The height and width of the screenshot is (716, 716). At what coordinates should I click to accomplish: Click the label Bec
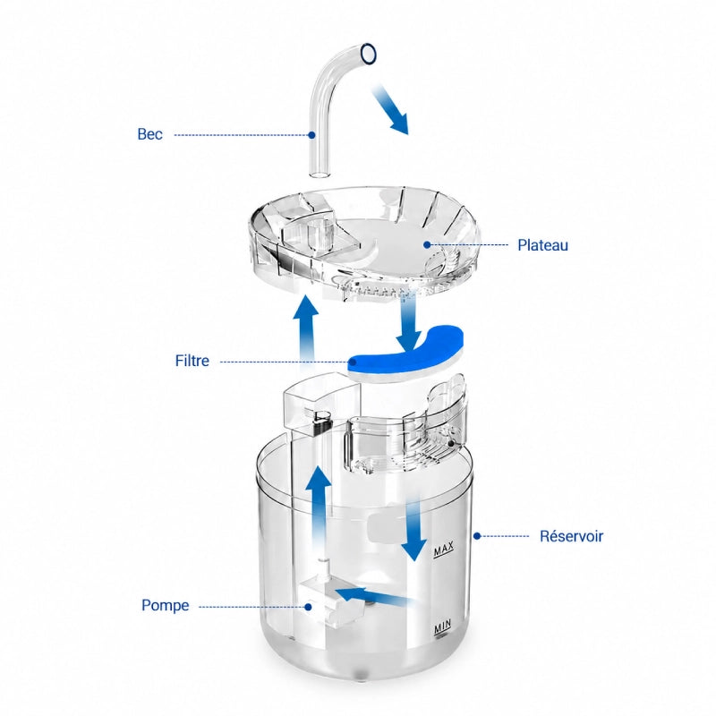tap(149, 134)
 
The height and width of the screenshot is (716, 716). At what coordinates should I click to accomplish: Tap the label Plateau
tap(542, 245)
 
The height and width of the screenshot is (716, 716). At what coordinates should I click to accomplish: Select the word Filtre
tap(192, 361)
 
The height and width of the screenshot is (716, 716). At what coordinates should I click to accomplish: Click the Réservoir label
tap(571, 535)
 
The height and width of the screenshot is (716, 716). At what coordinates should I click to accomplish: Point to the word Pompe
tap(166, 605)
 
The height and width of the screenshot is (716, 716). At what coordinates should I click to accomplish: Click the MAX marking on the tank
tap(444, 549)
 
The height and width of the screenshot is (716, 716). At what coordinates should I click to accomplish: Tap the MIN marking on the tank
tap(442, 627)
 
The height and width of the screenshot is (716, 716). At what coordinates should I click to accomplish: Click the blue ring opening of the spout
tap(369, 54)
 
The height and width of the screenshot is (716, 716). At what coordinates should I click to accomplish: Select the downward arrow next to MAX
tap(414, 530)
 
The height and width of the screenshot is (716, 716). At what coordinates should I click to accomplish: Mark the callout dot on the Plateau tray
tap(427, 244)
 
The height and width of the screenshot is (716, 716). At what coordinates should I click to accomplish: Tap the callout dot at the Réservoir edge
tap(477, 535)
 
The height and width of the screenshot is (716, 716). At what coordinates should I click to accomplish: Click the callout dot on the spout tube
tap(311, 135)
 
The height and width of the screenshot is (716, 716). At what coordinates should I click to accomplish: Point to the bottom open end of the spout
tap(320, 175)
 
